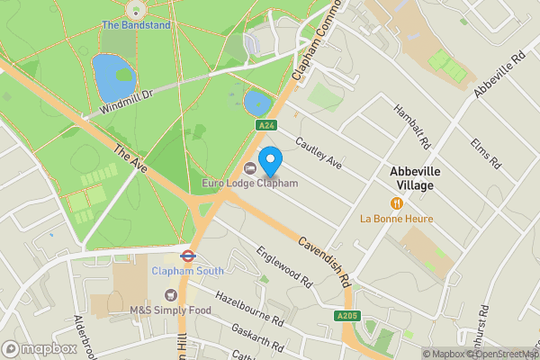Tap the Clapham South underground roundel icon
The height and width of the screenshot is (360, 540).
pos(188,254)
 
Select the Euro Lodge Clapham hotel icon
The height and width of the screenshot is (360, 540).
pos(249,168)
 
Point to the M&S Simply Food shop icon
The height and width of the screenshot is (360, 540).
pos(169,295)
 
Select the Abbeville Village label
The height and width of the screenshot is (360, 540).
pos(411,178)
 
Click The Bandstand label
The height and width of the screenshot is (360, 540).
pos(135,25)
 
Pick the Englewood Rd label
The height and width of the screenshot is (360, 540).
pos(284,266)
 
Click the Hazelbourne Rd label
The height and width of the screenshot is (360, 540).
pos(249,309)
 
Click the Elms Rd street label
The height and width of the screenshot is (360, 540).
pos(483,153)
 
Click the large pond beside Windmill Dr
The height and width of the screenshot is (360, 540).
pos(113,77)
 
